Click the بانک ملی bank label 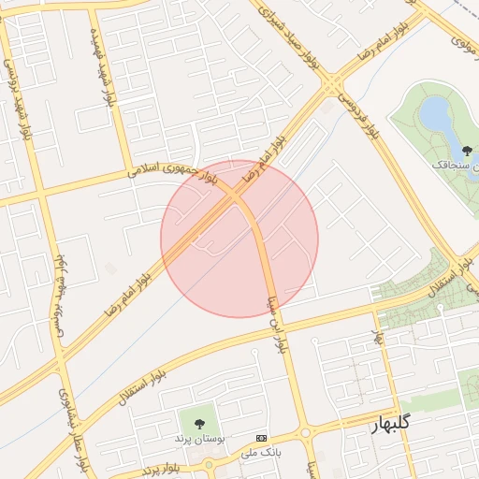[261, 453]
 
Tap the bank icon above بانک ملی [261, 438]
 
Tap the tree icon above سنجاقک [467, 150]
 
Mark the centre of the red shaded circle [239, 239]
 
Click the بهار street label [379, 336]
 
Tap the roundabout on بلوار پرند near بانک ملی [209, 464]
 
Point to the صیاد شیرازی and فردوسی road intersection [333, 85]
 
